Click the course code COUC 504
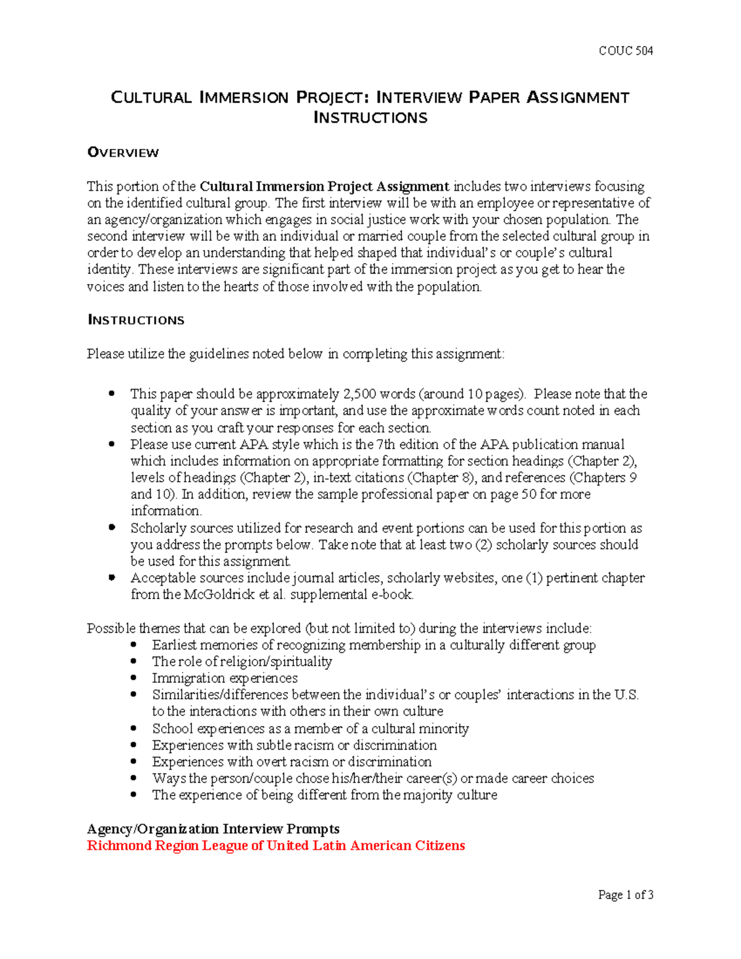[x=626, y=51]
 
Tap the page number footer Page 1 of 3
[x=626, y=895]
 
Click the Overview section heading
[x=123, y=153]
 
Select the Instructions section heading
[x=136, y=320]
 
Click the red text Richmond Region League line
[x=275, y=845]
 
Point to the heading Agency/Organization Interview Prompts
[x=213, y=829]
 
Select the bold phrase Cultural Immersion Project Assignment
[x=324, y=186]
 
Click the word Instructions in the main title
[x=371, y=118]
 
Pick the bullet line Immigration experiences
[x=225, y=678]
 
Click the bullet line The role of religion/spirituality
[x=242, y=661]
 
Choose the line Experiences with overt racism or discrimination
[x=291, y=761]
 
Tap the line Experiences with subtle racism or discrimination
[x=295, y=745]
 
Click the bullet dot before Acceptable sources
[x=112, y=578]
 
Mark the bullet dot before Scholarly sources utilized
[x=112, y=527]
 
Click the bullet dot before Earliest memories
[x=134, y=645]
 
